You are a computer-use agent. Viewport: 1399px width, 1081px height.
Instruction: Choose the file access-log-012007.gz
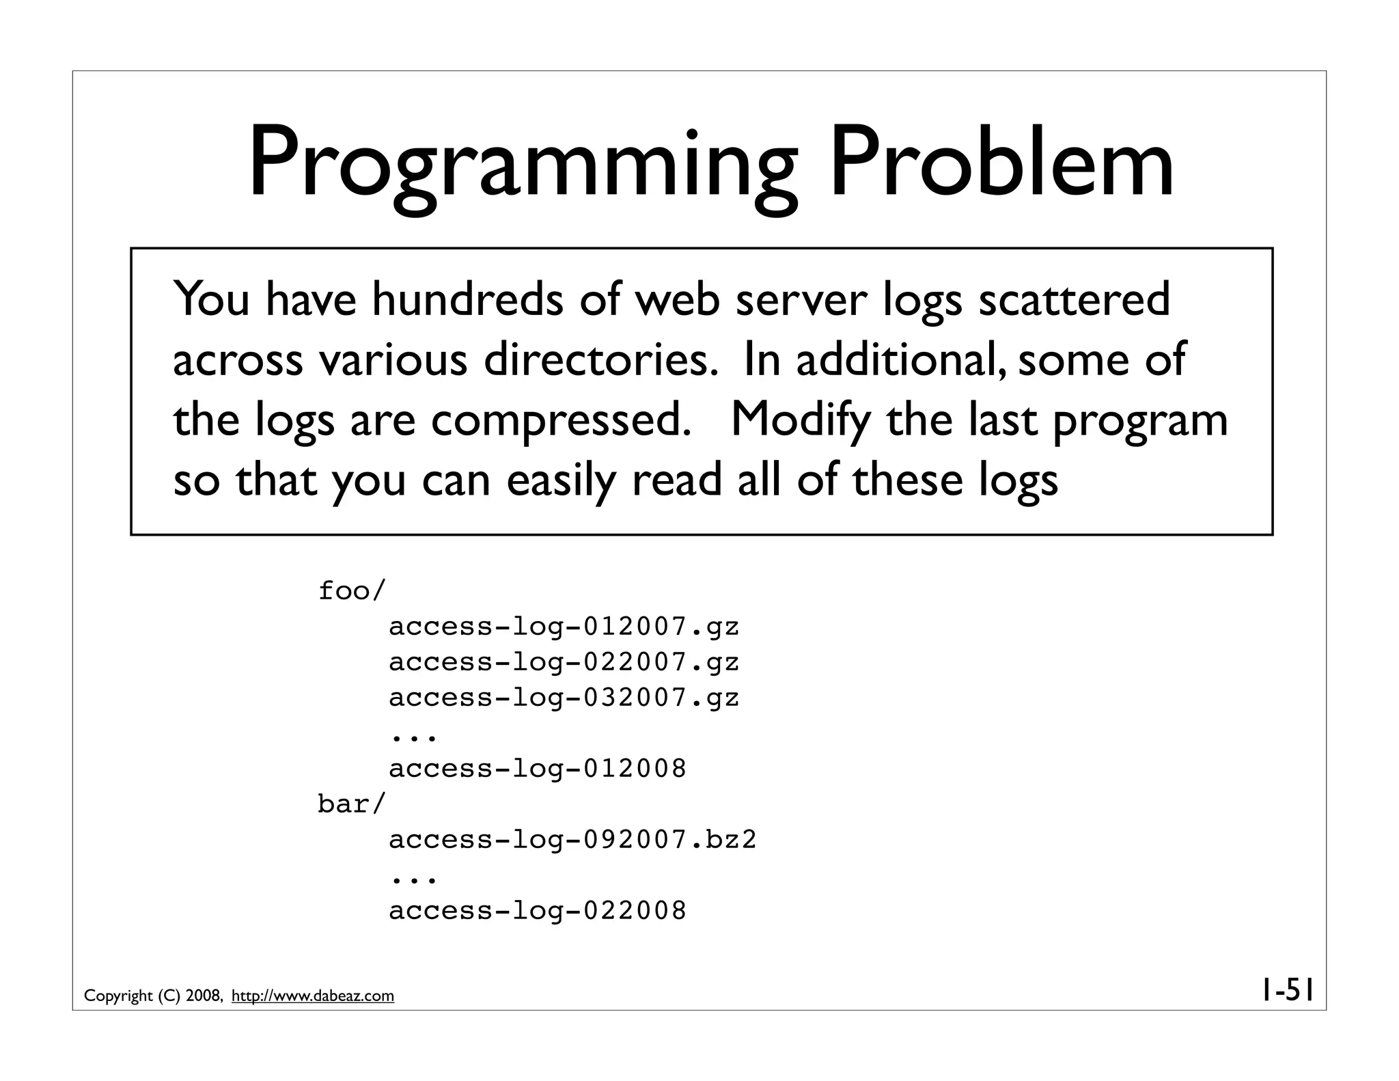564,627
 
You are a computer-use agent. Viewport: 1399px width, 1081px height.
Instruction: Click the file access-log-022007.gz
564,662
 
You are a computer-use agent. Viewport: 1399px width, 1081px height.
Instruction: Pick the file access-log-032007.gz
564,698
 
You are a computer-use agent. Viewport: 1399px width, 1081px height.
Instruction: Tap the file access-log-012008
538,769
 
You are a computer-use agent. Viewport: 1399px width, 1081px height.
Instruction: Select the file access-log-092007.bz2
573,840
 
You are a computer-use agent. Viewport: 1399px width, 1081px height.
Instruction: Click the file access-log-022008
538,911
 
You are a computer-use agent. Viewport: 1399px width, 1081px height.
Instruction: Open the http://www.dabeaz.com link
313,996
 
